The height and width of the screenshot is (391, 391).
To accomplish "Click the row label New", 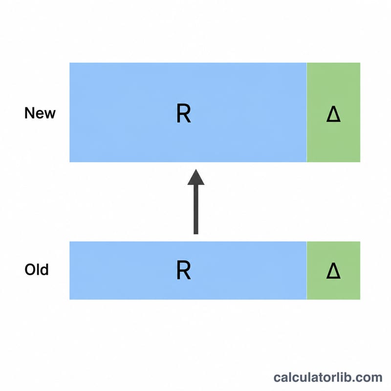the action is tap(40, 113).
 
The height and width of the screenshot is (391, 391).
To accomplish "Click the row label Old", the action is tap(36, 270).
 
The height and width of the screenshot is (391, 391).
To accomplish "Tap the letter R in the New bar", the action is tap(184, 113).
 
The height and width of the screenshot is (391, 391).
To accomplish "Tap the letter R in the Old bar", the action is tap(184, 270).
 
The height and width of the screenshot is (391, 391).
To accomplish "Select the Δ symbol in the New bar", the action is tap(333, 114).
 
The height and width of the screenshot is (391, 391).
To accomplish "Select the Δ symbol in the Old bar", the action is tap(333, 271).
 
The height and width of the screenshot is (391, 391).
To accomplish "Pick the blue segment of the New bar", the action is tap(188, 112).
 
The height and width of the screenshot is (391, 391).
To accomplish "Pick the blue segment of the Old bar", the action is tap(188, 270).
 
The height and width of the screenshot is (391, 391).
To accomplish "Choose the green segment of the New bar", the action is tap(333, 112).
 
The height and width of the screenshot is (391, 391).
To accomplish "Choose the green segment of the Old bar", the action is tap(333, 270).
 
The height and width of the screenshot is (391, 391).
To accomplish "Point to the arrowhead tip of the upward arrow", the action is tap(196, 169).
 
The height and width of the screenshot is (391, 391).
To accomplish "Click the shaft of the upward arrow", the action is tap(196, 210).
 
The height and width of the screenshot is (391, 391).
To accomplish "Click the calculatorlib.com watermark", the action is tap(328, 377).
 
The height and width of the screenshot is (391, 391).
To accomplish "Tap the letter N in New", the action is tap(29, 113).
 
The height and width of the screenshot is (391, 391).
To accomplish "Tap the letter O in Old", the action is tap(30, 270).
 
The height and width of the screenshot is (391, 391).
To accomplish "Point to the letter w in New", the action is tap(50, 115).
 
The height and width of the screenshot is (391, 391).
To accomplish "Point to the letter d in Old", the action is tap(44, 269).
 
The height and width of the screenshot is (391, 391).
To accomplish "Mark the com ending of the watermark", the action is tap(370, 378).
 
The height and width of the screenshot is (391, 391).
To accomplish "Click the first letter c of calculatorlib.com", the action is tap(277, 378).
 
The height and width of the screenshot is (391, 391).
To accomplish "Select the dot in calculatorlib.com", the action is tap(355, 382).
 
